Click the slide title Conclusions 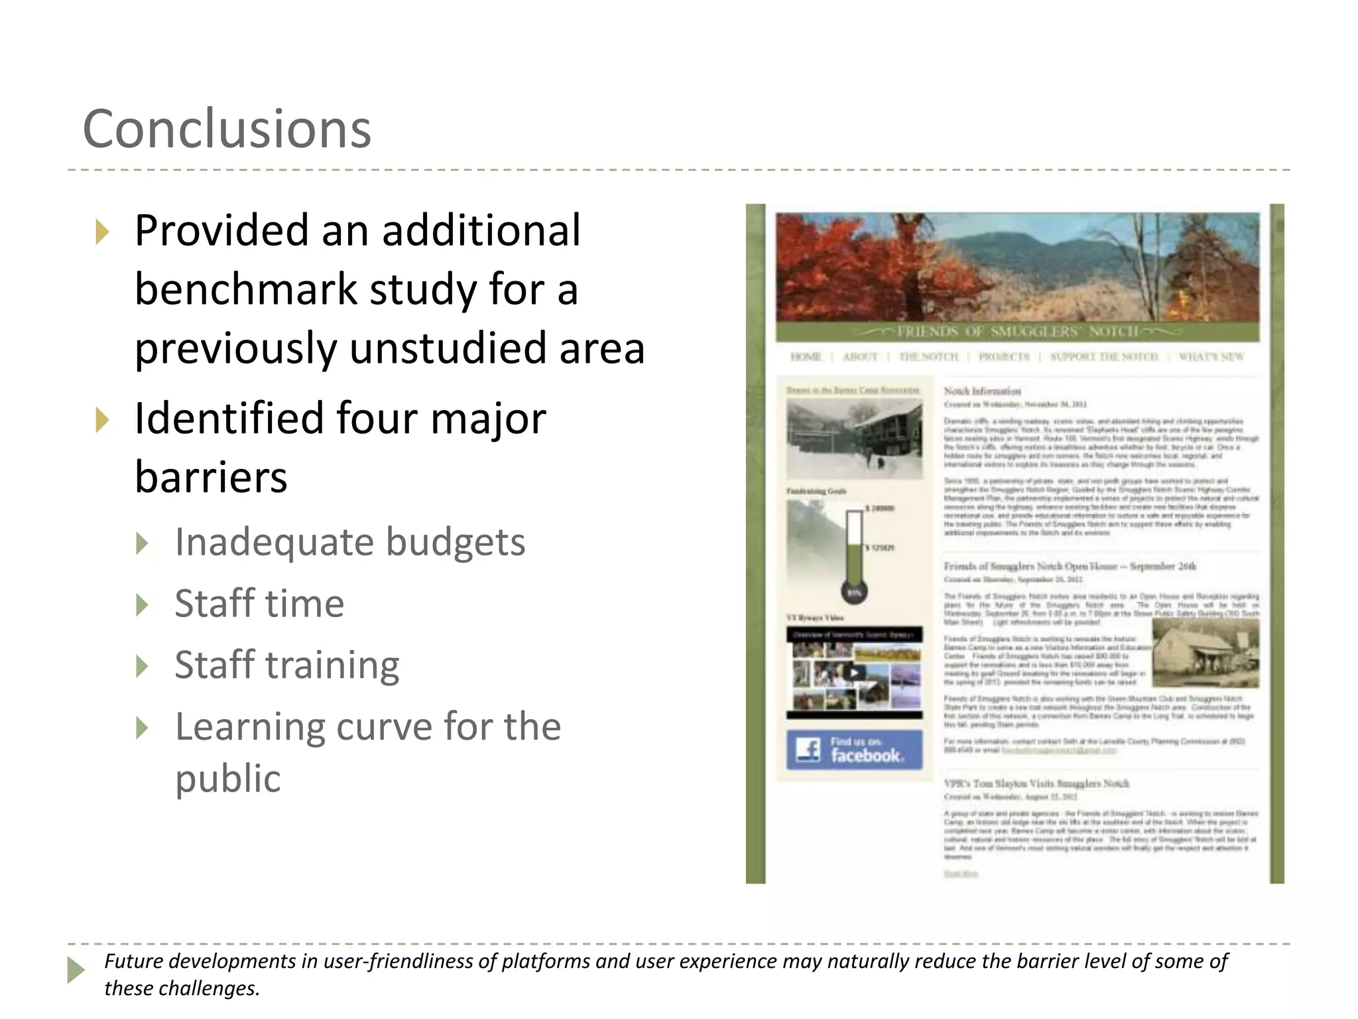pos(227,129)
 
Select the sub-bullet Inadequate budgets pos(349,542)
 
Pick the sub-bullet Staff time pos(259,603)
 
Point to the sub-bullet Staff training pos(286,664)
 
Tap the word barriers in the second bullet pos(211,476)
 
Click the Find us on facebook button pos(854,750)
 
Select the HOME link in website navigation pos(806,357)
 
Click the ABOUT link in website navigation pos(860,357)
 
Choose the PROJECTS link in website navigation pos(1004,357)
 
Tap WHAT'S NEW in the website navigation pos(1211,357)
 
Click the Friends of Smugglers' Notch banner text pos(1017,331)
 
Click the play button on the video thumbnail pos(855,673)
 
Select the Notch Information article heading pos(982,391)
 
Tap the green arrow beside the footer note pos(76,970)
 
